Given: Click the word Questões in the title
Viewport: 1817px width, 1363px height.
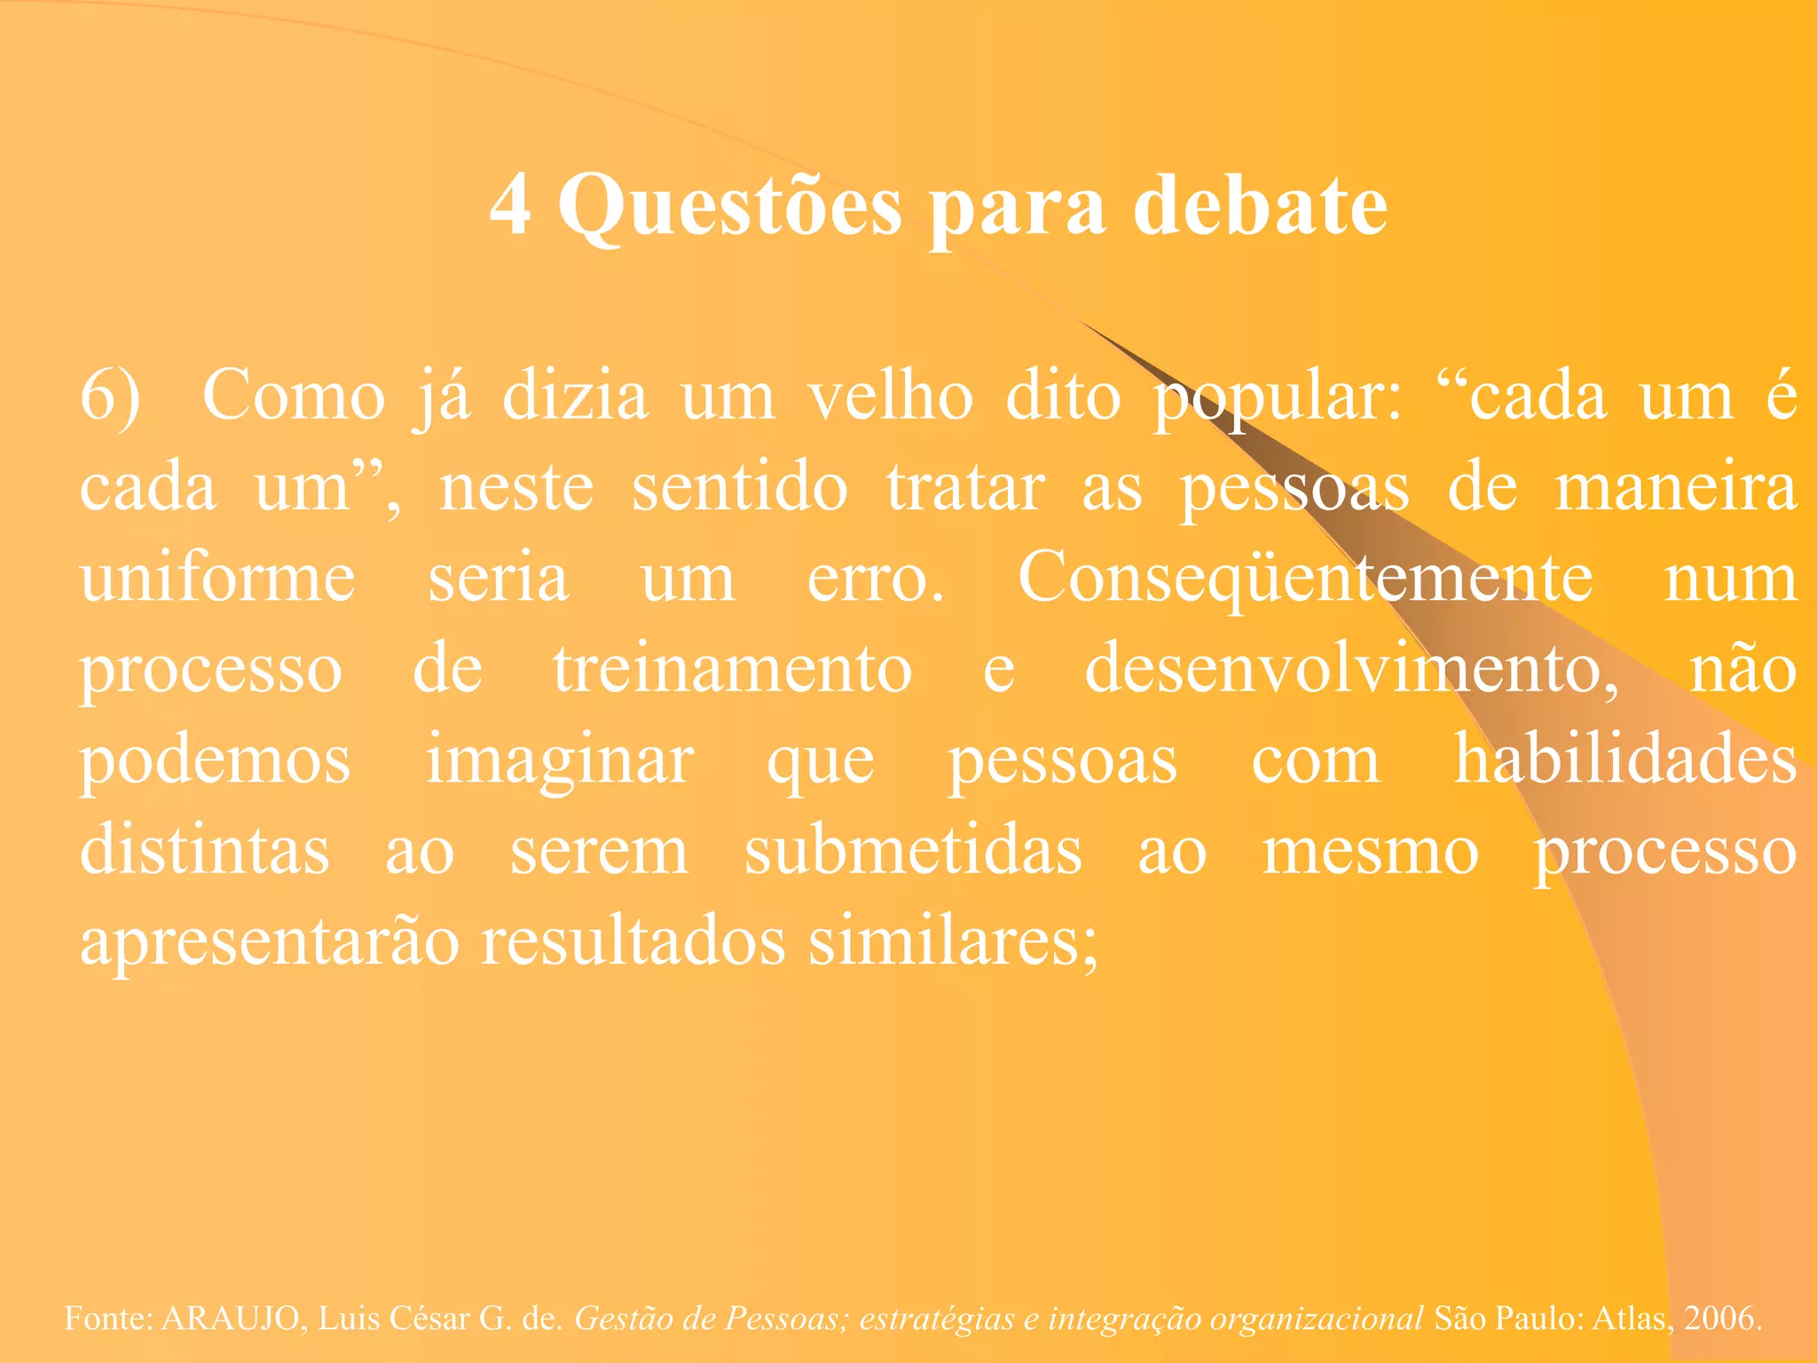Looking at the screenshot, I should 729,206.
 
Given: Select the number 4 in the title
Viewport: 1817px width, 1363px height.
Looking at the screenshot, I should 511,206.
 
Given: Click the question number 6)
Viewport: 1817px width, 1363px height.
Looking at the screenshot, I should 111,397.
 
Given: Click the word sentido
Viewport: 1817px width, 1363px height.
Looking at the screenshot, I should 740,488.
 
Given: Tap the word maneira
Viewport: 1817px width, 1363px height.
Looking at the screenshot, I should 1677,488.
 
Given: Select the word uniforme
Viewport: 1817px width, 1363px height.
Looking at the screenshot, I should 218,579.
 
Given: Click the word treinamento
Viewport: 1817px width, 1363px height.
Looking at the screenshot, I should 733,669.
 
